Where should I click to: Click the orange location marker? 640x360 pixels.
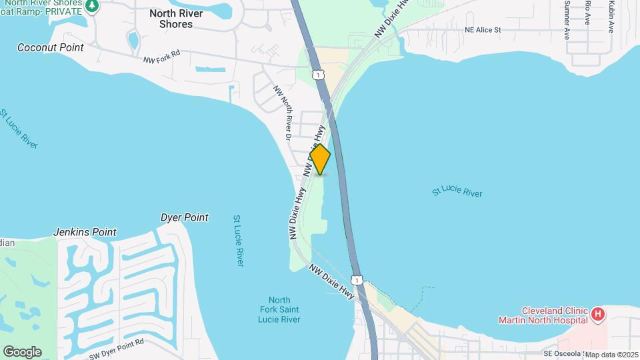click(x=320, y=159)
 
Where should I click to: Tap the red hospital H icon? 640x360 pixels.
click(x=598, y=313)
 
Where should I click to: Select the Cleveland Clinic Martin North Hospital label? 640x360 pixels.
click(x=543, y=315)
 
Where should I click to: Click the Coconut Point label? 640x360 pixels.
click(x=51, y=47)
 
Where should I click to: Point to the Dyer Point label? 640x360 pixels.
click(x=185, y=217)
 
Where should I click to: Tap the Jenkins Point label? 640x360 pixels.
click(x=85, y=232)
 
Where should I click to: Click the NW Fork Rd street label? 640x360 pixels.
click(x=162, y=59)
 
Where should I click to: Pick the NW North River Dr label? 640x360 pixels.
click(x=283, y=113)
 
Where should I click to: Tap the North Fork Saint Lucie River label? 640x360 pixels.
click(x=279, y=309)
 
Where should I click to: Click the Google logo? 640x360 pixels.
click(x=22, y=352)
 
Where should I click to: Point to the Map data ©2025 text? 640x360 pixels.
click(x=611, y=355)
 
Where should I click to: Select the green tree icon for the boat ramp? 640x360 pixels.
click(x=92, y=6)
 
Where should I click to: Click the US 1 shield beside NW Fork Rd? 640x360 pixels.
click(x=319, y=75)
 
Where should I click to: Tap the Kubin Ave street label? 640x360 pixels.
click(x=611, y=16)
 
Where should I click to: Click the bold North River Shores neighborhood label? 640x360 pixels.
click(x=171, y=18)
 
